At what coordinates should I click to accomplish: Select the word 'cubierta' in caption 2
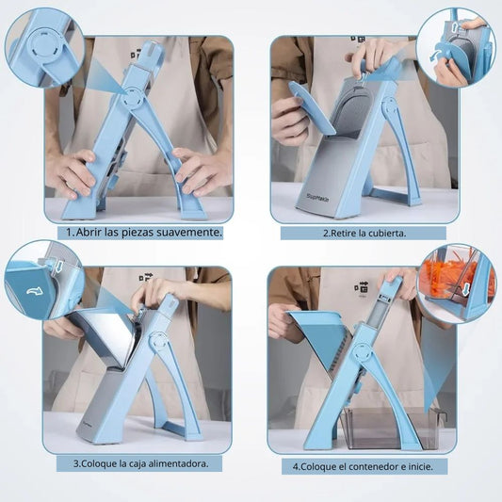tap(387, 233)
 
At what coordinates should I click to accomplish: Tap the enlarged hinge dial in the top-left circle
tap(45, 45)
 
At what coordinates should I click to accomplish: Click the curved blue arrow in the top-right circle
tap(436, 56)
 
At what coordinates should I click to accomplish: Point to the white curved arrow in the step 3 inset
tap(34, 291)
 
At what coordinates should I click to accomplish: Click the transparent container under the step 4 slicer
tap(391, 428)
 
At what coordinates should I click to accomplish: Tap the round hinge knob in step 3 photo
tap(158, 342)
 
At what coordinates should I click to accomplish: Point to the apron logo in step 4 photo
tap(362, 286)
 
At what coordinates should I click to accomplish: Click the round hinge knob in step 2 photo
tap(391, 107)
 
